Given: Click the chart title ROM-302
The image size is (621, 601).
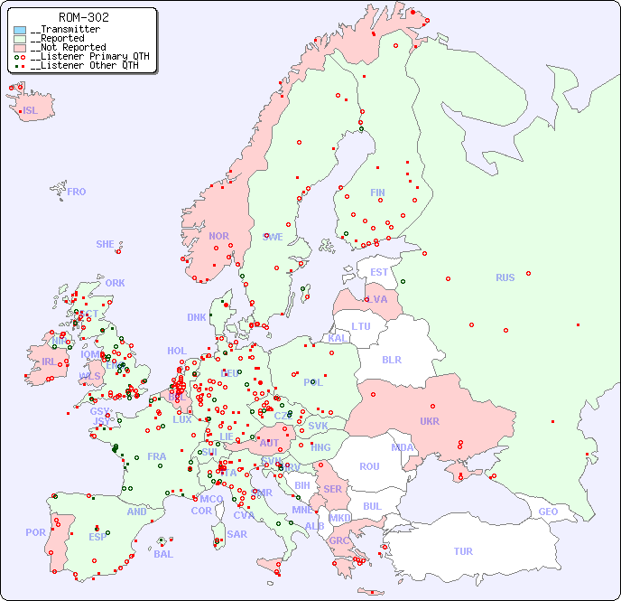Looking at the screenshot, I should (83, 17).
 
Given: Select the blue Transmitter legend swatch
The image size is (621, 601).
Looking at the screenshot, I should (20, 30).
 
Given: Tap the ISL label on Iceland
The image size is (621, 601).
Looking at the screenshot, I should (31, 111).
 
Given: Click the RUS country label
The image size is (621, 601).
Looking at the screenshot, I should (505, 277).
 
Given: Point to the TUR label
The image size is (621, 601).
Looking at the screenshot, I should (463, 551).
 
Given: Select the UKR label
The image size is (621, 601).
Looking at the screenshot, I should (429, 421).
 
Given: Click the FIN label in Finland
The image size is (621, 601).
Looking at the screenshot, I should (377, 193).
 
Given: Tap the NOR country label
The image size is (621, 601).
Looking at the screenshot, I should (218, 236).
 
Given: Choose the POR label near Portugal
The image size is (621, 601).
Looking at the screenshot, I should (35, 532).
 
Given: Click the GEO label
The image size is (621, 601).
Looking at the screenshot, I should (548, 512).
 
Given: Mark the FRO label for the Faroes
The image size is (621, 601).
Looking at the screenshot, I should (77, 192).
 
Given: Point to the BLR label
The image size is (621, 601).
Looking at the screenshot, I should (391, 359).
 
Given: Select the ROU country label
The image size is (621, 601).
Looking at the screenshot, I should (369, 466).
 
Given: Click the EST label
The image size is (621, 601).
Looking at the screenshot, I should (379, 272).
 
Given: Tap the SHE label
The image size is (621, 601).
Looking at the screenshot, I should (106, 244).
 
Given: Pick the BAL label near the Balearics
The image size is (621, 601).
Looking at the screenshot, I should (162, 554).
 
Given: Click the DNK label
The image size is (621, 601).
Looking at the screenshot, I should (197, 317).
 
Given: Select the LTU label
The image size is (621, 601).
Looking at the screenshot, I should (361, 326).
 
